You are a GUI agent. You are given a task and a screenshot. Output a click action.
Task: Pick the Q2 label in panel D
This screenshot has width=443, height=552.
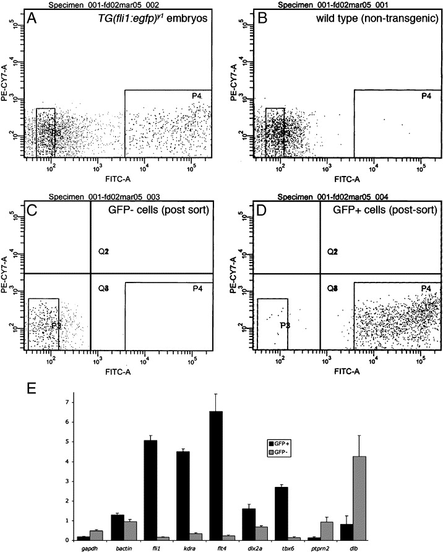332,252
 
